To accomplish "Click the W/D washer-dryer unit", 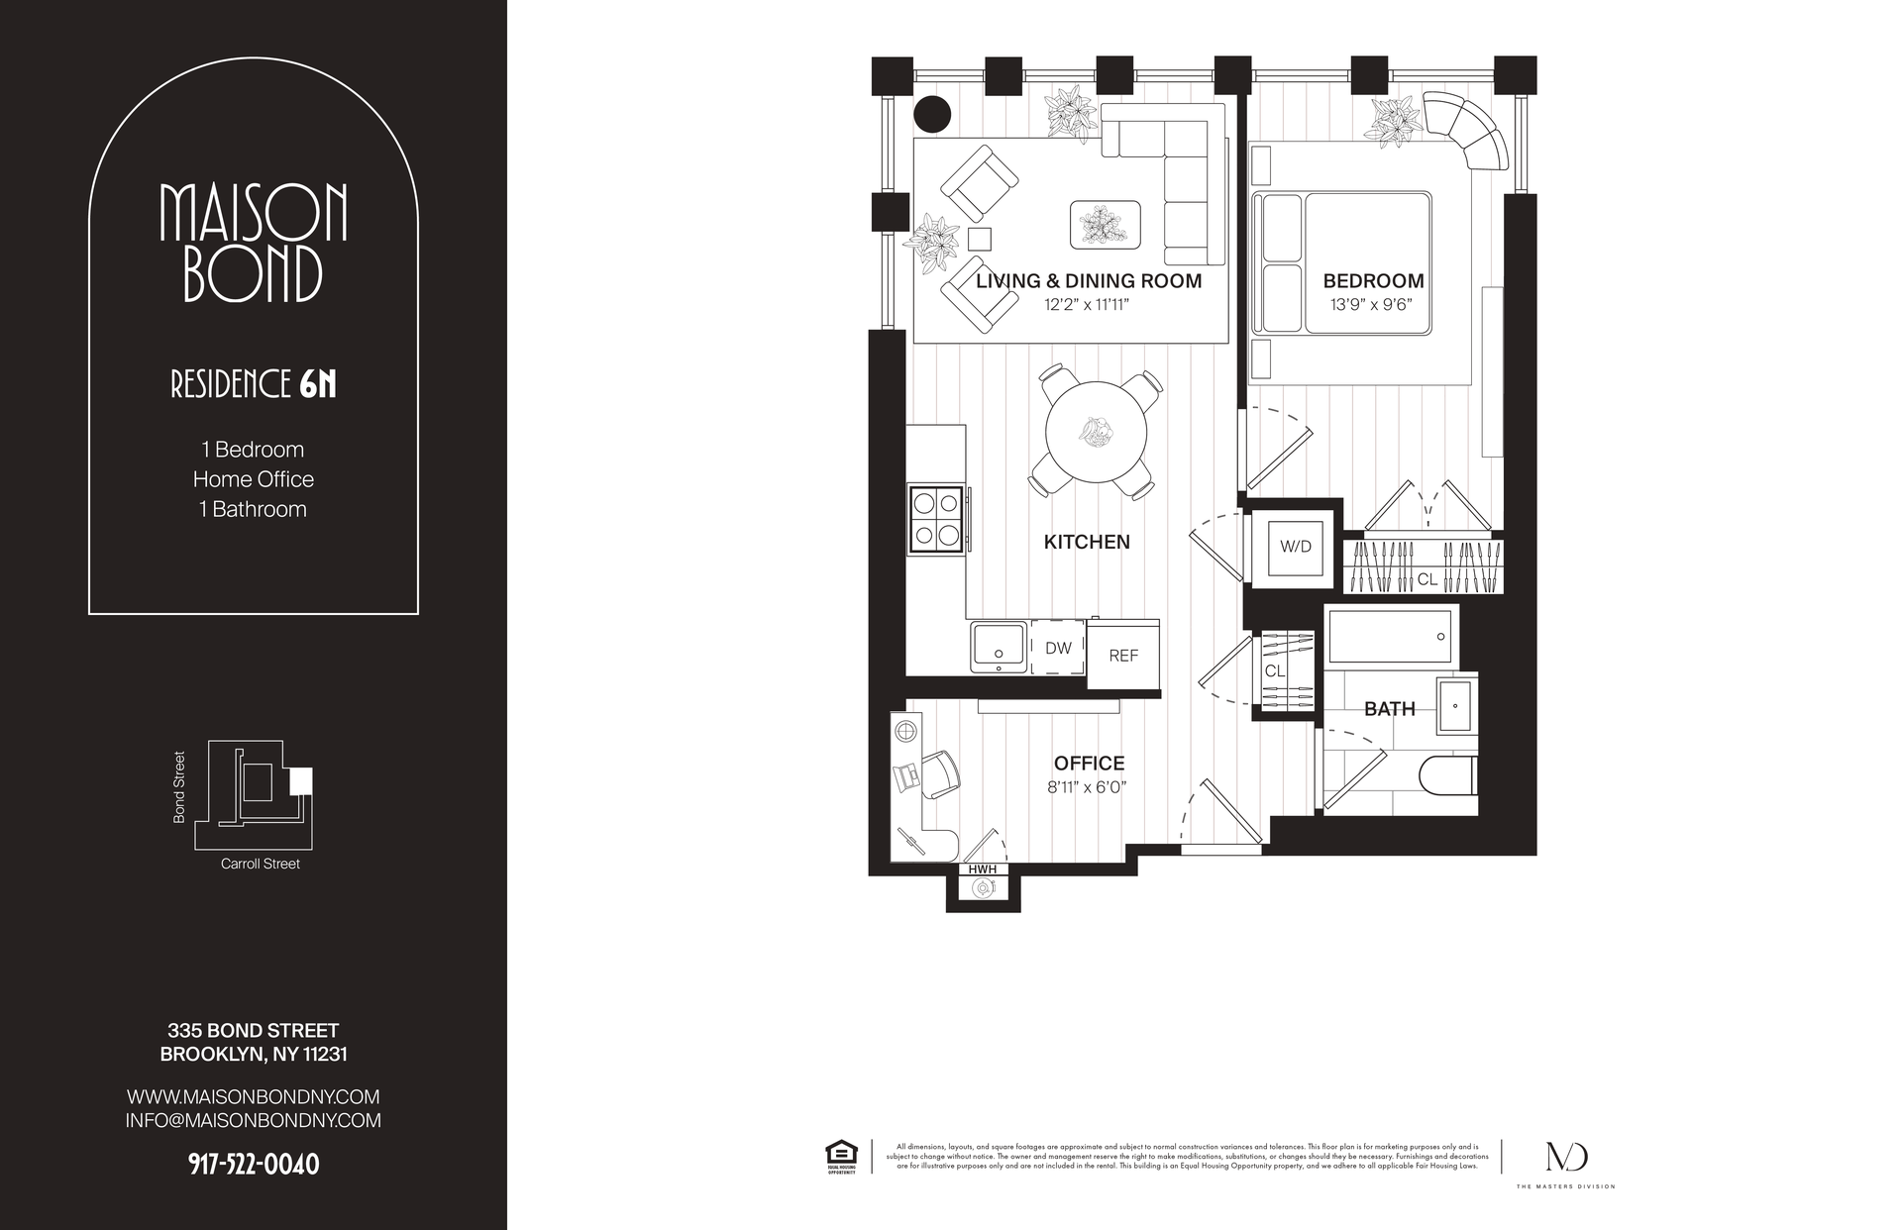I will (x=1295, y=547).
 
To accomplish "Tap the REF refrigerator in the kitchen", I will (x=1123, y=655).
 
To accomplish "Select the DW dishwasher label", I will (x=1058, y=648).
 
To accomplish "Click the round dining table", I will (x=1096, y=433).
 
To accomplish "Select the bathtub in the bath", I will (x=1389, y=636).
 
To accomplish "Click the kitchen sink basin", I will (x=999, y=647).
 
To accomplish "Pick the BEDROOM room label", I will (x=1373, y=281).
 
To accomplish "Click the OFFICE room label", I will (x=1089, y=764).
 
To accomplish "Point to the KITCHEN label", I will (x=1087, y=542).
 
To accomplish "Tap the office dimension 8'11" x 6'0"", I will (x=1088, y=788).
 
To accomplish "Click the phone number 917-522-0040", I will (x=254, y=1165).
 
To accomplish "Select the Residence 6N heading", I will (x=254, y=385).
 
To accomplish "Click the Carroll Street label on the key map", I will (x=260, y=864).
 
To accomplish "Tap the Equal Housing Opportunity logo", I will (x=841, y=1157).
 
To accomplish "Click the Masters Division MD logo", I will (x=1565, y=1157).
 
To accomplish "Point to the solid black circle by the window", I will (x=931, y=114).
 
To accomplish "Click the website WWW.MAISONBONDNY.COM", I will (x=254, y=1097).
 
